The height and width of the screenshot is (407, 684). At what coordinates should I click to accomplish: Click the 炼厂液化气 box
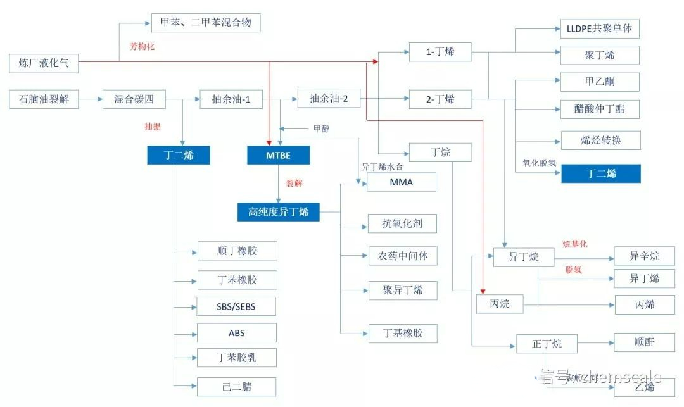pyautogui.click(x=44, y=63)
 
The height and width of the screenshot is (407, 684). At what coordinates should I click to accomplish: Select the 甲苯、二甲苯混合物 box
pyautogui.click(x=206, y=23)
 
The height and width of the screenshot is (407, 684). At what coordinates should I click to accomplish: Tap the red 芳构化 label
pyautogui.click(x=142, y=46)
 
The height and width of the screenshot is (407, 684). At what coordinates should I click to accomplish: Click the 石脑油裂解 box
pyautogui.click(x=44, y=99)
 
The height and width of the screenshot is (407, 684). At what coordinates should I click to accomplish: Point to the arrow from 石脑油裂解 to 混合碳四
pyautogui.click(x=91, y=99)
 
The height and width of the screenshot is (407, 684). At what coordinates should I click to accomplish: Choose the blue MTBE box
pyautogui.click(x=278, y=156)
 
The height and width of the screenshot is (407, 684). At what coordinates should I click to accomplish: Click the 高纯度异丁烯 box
pyautogui.click(x=279, y=212)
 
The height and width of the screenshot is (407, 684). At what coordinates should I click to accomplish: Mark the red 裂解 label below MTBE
pyautogui.click(x=294, y=184)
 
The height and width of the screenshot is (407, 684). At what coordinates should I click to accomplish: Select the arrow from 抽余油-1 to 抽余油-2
pyautogui.click(x=280, y=99)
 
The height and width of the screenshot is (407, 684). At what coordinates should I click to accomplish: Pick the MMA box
pyautogui.click(x=402, y=182)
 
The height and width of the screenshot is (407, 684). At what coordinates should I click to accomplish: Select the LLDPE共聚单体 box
pyautogui.click(x=600, y=28)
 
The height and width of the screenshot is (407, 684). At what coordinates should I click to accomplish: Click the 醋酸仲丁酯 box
pyautogui.click(x=600, y=109)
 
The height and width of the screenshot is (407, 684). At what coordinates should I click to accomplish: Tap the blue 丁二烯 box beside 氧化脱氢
pyautogui.click(x=600, y=173)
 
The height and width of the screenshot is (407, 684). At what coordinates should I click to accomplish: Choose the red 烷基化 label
pyautogui.click(x=575, y=244)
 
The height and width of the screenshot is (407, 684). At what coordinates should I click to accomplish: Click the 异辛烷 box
pyautogui.click(x=644, y=256)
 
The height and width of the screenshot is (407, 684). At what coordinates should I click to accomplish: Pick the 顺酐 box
pyautogui.click(x=644, y=342)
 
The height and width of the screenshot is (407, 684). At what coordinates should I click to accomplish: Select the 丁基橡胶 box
pyautogui.click(x=403, y=333)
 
